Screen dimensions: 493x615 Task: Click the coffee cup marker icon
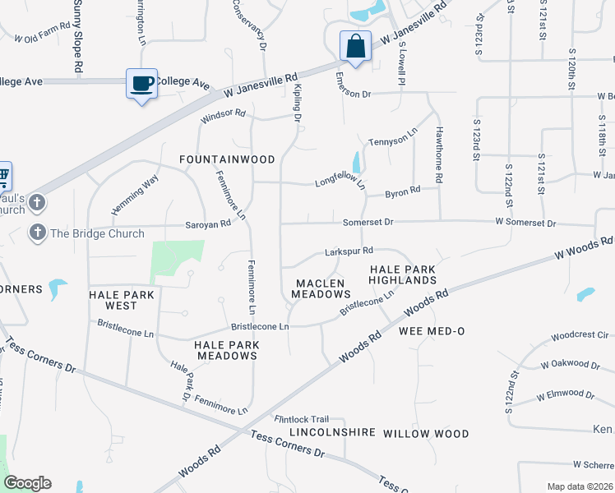142,84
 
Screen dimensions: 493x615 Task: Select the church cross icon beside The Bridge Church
37,233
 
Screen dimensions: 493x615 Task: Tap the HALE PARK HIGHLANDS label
402,274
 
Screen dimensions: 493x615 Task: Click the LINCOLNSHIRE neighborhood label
332,432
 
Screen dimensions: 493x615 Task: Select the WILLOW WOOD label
426,433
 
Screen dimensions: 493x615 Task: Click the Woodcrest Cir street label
580,335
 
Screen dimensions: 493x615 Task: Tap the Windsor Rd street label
224,114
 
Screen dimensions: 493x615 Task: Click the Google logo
27,483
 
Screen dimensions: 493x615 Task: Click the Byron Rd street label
403,191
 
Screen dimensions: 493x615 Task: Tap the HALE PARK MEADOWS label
226,350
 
